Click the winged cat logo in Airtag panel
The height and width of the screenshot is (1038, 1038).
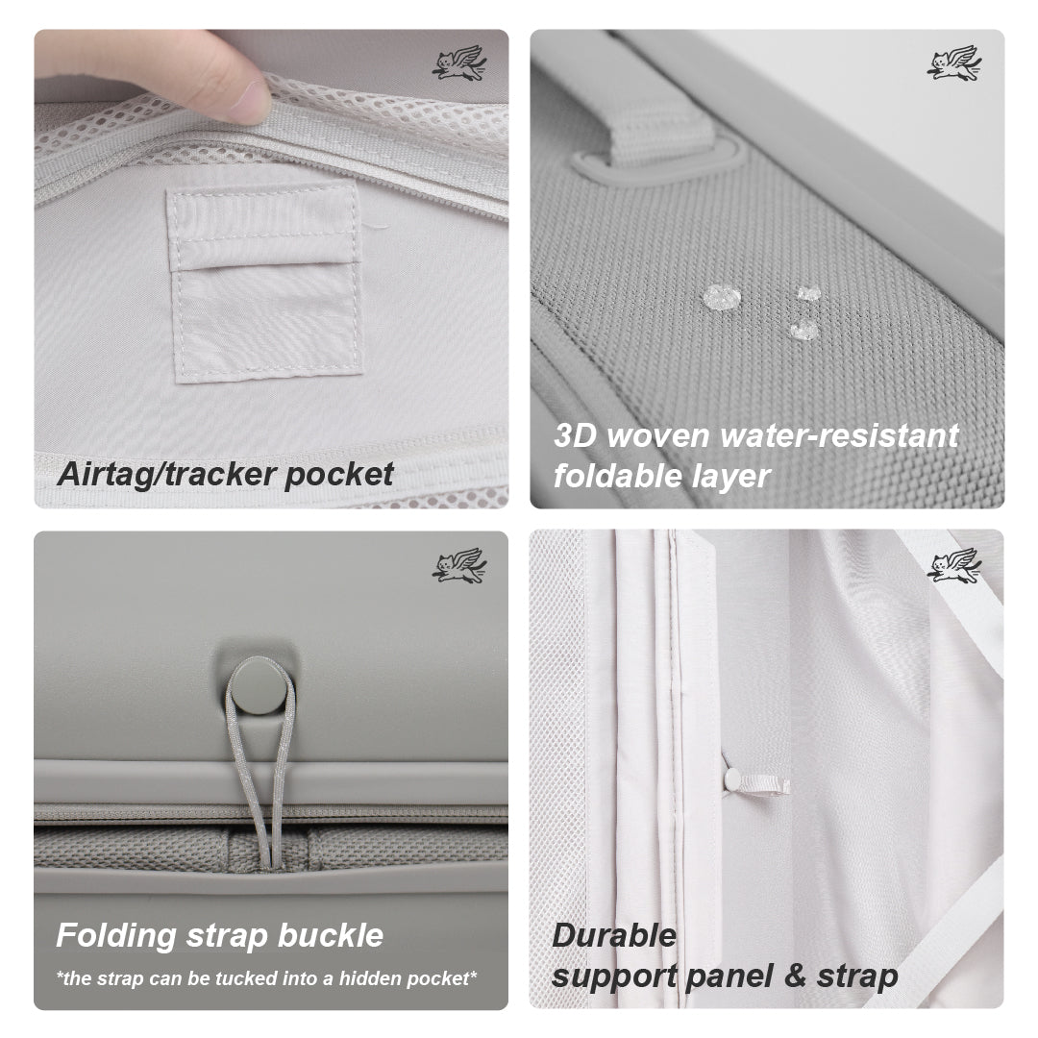click(x=458, y=64)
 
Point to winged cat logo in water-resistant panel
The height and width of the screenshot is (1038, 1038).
click(x=953, y=64)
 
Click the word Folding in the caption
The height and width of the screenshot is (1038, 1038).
click(x=115, y=935)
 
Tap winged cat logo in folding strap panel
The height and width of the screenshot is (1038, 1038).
click(x=458, y=565)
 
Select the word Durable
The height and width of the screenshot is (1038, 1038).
click(x=614, y=935)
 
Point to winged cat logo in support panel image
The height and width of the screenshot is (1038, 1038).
click(x=953, y=565)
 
